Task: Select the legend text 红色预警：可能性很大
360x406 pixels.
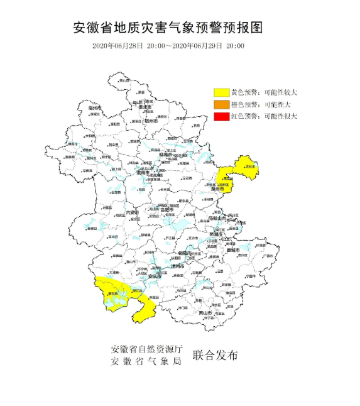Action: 263,116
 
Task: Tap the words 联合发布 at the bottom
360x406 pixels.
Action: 215,355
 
